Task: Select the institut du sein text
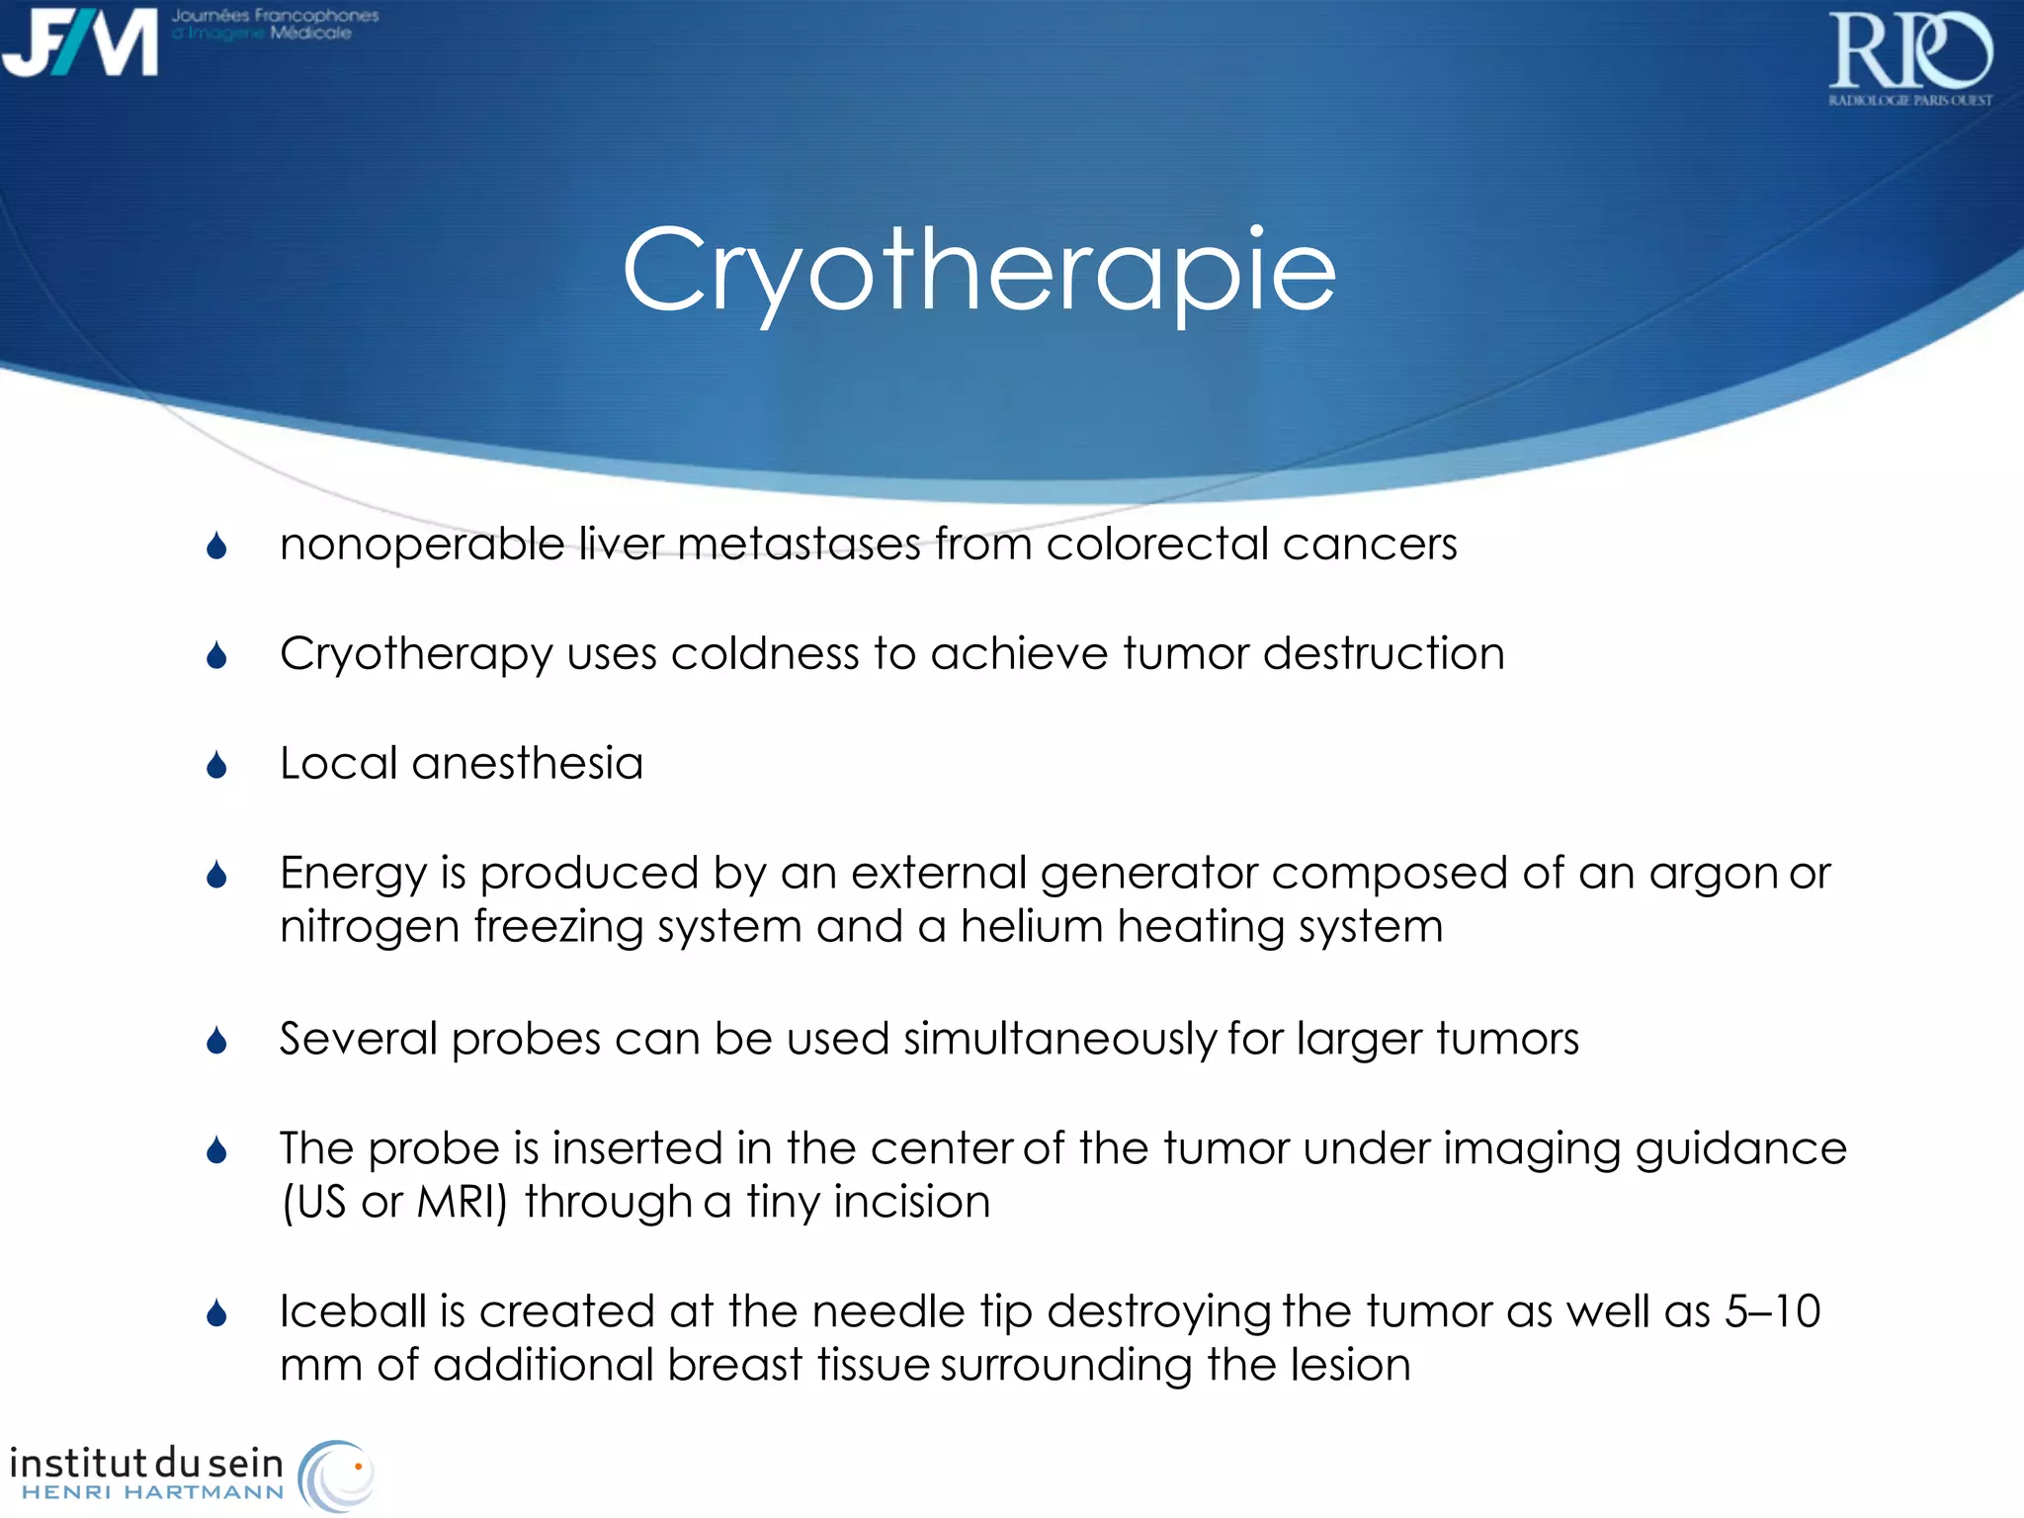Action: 146,1462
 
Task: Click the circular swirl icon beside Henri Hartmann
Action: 336,1475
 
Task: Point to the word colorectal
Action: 1156,545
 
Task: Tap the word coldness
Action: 764,654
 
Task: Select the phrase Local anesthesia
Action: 461,764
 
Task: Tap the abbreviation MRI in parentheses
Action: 461,1203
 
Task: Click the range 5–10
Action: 1772,1312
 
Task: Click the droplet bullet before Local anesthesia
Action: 217,765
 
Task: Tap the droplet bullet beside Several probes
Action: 217,1040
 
